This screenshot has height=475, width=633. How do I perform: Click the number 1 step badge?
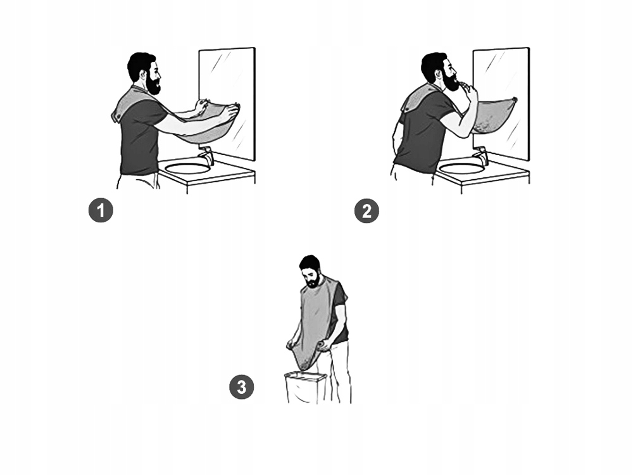(101, 210)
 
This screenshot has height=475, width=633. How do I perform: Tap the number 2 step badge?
(367, 211)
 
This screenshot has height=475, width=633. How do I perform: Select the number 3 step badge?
(241, 387)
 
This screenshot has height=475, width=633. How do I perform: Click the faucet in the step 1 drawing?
(206, 156)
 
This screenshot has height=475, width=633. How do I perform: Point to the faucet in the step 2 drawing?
(480, 156)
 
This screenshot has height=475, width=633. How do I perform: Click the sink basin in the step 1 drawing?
(188, 168)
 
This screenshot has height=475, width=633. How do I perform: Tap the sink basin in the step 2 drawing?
(462, 168)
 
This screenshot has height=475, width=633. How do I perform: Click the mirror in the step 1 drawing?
(227, 103)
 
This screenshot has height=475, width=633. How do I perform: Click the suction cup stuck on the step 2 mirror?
(514, 99)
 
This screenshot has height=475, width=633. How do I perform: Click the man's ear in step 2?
(439, 75)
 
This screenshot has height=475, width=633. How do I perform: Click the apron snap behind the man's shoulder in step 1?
(118, 117)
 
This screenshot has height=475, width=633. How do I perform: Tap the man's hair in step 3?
(310, 263)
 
